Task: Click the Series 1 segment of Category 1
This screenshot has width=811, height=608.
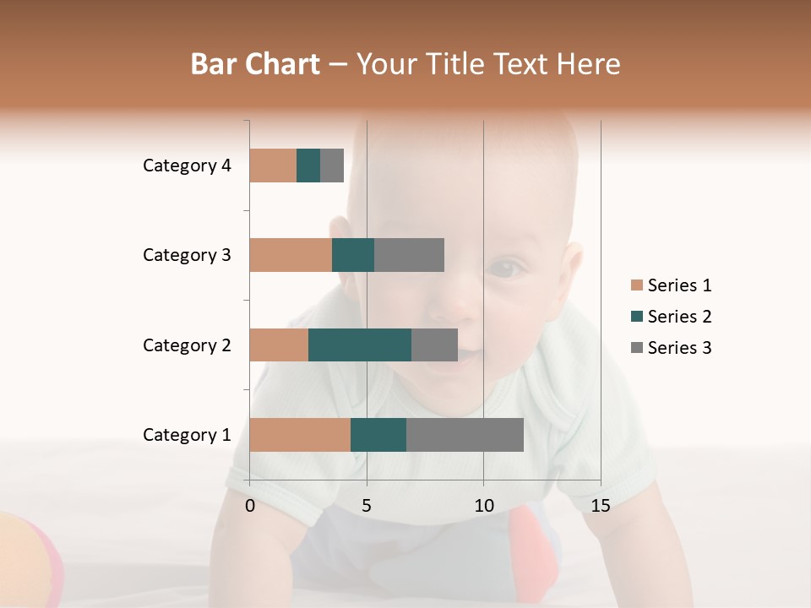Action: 300,435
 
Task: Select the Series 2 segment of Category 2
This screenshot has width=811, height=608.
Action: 360,345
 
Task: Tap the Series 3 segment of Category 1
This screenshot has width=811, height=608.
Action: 465,435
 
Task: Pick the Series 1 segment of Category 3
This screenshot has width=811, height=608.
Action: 291,255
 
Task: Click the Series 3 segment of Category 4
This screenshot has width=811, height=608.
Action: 332,166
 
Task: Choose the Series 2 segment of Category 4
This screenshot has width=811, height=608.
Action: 308,166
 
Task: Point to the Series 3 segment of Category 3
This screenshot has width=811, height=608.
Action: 409,255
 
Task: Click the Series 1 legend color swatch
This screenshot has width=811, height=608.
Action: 636,285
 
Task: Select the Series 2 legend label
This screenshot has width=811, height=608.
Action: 679,317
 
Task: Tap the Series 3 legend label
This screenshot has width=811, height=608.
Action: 679,348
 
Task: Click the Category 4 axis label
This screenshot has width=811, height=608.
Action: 187,166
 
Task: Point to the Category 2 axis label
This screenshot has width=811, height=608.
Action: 187,345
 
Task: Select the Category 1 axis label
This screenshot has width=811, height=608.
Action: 187,435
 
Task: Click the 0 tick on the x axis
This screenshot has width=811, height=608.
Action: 250,506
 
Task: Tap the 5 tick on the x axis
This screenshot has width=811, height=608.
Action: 367,506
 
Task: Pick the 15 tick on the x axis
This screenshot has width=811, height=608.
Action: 600,506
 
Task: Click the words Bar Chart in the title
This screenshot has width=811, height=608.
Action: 255,64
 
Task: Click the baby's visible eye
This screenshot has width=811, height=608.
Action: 506,269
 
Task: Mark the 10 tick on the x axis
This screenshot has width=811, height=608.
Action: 483,506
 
